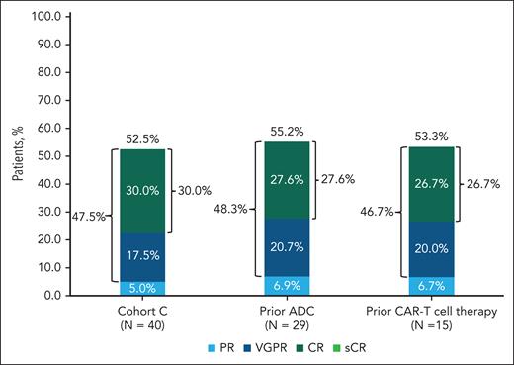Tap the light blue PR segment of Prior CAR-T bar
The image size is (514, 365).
tap(423, 286)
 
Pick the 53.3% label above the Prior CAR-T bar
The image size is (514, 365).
tap(423, 137)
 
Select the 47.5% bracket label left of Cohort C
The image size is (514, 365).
tap(92, 216)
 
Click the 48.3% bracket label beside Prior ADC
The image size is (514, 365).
tap(230, 211)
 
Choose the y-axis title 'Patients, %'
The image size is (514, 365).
tap(17, 155)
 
